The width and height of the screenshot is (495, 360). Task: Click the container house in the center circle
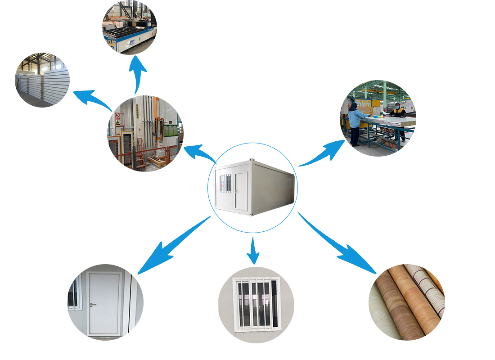(x=254, y=187)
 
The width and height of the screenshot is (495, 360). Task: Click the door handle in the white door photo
(x=93, y=305)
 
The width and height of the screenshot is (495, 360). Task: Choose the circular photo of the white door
(x=105, y=301)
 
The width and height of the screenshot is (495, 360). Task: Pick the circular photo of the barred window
(x=256, y=305)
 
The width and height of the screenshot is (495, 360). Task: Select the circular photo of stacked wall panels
(x=42, y=80)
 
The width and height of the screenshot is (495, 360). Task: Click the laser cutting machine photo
(x=129, y=28)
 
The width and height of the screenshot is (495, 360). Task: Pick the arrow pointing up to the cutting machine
(x=137, y=74)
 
